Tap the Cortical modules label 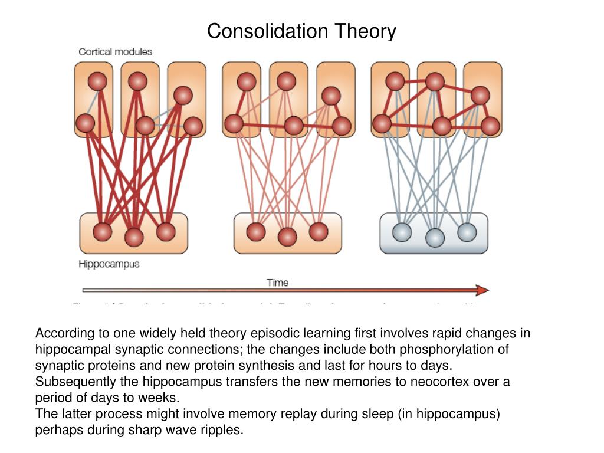pos(115,52)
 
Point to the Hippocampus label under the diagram pos(109,264)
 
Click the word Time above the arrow pos(278,283)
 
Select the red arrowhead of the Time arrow pos(482,290)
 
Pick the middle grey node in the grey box pos(435,237)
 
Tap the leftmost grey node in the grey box pos(402,232)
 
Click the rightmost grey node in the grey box pos(467,232)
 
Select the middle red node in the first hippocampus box pos(134,237)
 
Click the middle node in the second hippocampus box pos(287,237)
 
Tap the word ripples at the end pos(224,429)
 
